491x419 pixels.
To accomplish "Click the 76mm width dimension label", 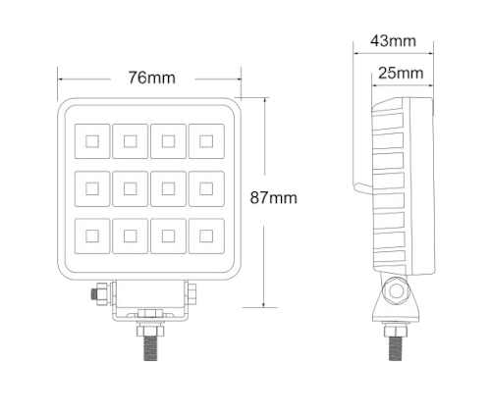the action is pyautogui.click(x=151, y=78).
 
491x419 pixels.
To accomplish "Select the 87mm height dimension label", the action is pyautogui.click(x=274, y=198).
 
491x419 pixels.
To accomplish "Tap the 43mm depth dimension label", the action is pyautogui.click(x=393, y=41).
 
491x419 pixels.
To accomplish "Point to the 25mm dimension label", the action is pyautogui.click(x=401, y=73).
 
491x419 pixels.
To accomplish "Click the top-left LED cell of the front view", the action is pyautogui.click(x=92, y=141).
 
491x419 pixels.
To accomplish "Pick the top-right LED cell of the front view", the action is pyautogui.click(x=206, y=141).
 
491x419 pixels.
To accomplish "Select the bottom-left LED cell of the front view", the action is pyautogui.click(x=92, y=236).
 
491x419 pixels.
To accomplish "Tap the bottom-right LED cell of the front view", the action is pyautogui.click(x=206, y=236).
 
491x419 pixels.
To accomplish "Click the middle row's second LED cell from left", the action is pyautogui.click(x=131, y=188).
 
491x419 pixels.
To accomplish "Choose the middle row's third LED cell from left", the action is pyautogui.click(x=168, y=188).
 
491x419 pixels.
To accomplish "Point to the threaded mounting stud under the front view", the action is pyautogui.click(x=150, y=348).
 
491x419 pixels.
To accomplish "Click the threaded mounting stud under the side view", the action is pyautogui.click(x=396, y=348).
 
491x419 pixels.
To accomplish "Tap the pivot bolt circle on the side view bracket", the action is pyautogui.click(x=396, y=290).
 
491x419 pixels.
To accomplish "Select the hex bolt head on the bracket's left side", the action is pyautogui.click(x=99, y=293).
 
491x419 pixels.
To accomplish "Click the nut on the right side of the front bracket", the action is pyautogui.click(x=191, y=292).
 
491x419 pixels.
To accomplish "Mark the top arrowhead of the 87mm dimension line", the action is pyautogui.click(x=264, y=99).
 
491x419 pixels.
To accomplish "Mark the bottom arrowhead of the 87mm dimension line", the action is pyautogui.click(x=264, y=306).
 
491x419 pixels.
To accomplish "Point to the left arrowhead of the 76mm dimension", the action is pyautogui.click(x=60, y=79).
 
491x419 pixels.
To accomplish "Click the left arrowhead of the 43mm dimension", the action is pyautogui.click(x=355, y=53).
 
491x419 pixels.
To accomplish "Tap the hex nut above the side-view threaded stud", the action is pyautogui.click(x=396, y=330).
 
